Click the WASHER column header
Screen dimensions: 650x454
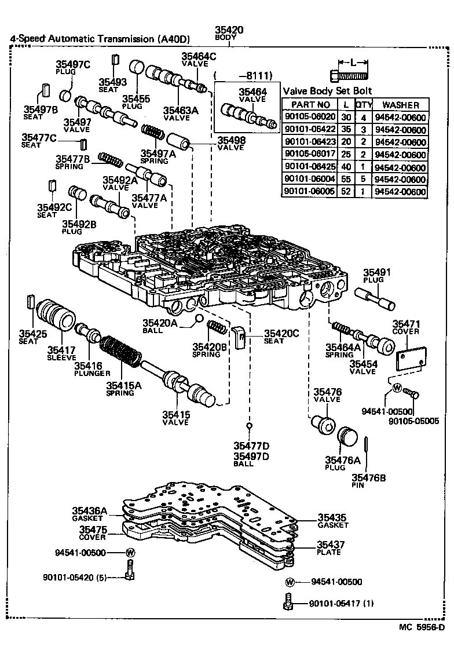[x=400, y=104]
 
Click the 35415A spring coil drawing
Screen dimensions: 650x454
[x=120, y=350]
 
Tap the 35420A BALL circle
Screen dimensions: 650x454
[x=199, y=318]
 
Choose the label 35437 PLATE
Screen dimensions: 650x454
[x=331, y=548]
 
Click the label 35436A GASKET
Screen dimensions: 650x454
[x=90, y=514]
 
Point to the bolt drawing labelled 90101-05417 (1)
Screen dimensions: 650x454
[x=288, y=603]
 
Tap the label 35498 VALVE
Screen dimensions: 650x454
[x=231, y=144]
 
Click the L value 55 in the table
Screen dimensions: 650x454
[x=346, y=180]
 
